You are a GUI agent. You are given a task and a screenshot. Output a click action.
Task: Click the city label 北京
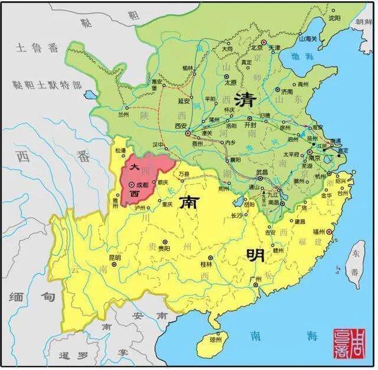256,47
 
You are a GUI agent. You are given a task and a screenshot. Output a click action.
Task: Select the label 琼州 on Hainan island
219,340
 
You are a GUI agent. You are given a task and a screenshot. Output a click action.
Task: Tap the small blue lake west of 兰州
90,95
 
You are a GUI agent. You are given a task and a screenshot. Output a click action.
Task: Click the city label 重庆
165,205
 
